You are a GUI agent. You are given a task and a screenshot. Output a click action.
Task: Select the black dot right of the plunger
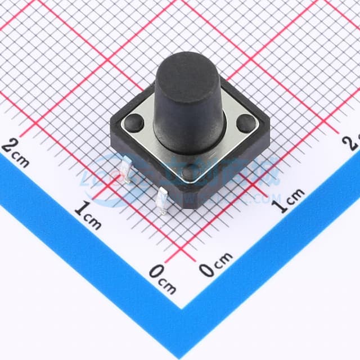tap(245, 121)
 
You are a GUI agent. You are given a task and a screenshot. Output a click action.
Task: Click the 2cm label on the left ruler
tap(16, 152)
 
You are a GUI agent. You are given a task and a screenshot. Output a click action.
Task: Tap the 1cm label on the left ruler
tap(88, 216)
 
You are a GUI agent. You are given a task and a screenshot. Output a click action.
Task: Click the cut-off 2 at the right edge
tap(354, 141)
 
